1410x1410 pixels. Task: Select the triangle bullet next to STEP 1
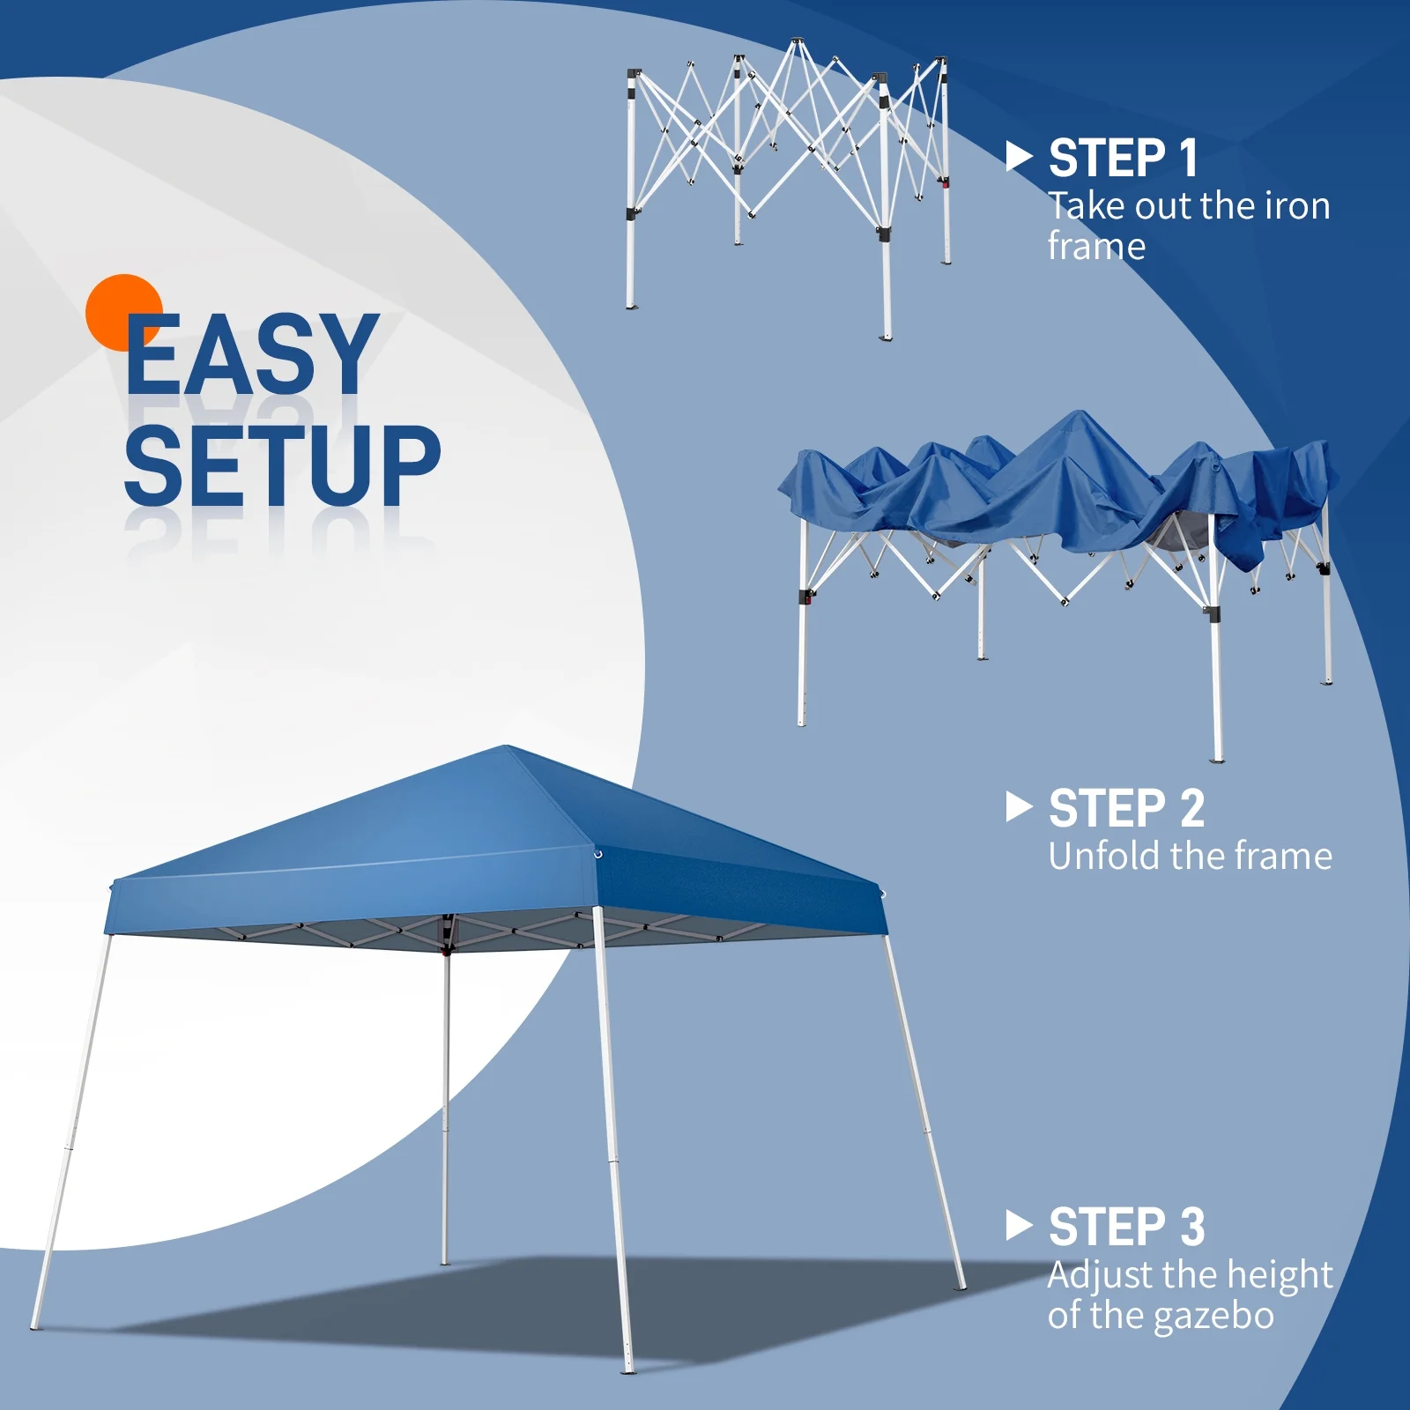pyautogui.click(x=1018, y=158)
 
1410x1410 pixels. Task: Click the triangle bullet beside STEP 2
pyautogui.click(x=1018, y=807)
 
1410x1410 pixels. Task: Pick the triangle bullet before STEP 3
pyautogui.click(x=1018, y=1225)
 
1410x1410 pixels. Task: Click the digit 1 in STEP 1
pyautogui.click(x=1188, y=159)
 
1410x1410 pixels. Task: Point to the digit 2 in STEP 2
pyautogui.click(x=1191, y=808)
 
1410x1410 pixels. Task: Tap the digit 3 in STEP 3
pyautogui.click(x=1191, y=1227)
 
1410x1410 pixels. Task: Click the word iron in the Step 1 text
pyautogui.click(x=1297, y=206)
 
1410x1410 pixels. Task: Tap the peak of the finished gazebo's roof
pyautogui.click(x=508, y=748)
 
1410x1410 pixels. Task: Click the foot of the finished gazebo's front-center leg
pyautogui.click(x=628, y=1369)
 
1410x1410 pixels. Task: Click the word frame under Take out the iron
pyautogui.click(x=1096, y=247)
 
